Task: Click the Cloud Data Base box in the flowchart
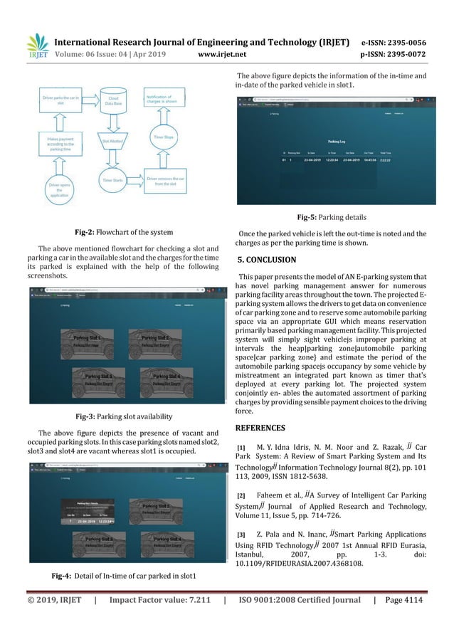point(113,100)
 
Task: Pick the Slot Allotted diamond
point(113,142)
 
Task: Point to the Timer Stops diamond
point(163,137)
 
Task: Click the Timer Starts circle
point(113,181)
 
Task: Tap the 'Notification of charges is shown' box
point(163,100)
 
